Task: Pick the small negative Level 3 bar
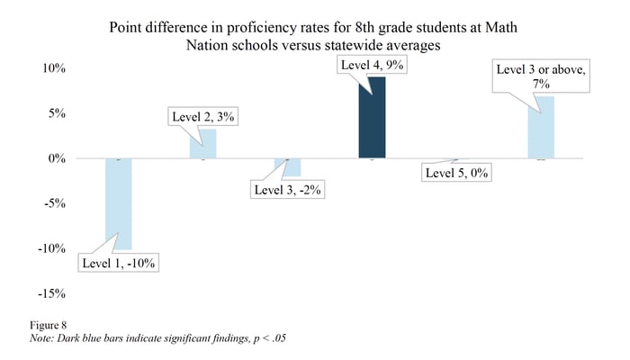point(288,167)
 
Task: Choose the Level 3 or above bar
point(540,128)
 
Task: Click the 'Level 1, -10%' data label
point(119,263)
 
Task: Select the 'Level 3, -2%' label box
point(288,190)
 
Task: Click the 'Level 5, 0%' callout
point(455,174)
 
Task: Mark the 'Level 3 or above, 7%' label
point(540,76)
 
